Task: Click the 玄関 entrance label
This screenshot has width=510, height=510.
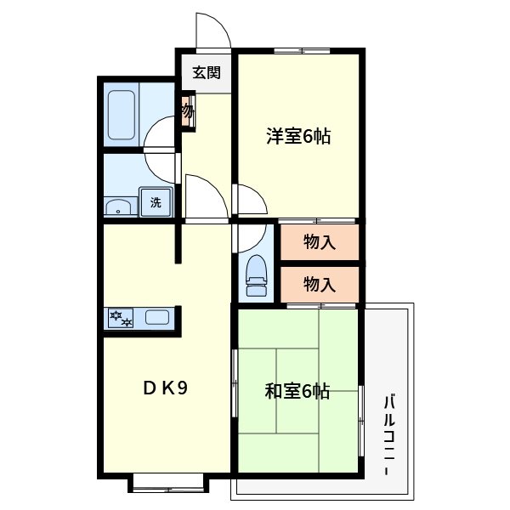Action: point(207,72)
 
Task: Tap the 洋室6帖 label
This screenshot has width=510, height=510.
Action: point(297,135)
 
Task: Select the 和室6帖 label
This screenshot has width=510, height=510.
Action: point(297,392)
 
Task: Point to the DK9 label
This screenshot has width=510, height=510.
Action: point(164,388)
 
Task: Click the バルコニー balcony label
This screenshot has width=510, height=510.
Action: point(388,435)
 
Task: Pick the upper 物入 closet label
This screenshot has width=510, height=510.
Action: point(320,242)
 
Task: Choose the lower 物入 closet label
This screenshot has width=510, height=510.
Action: point(320,283)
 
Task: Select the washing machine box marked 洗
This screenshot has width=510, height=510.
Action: point(156,202)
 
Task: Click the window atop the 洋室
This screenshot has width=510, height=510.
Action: point(303,50)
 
